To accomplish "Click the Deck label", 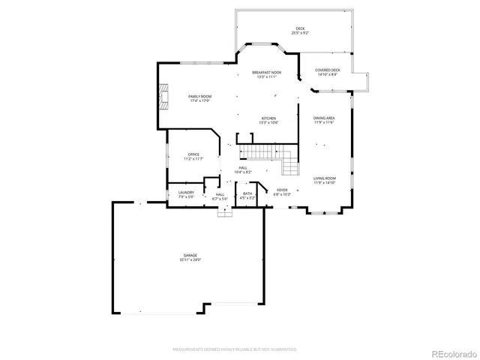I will tap(300, 29).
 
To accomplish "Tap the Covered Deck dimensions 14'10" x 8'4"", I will tap(328, 74).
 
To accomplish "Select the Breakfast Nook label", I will tap(267, 72).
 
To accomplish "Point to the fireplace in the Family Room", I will tap(162, 96).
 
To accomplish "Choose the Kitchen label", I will tap(268, 118).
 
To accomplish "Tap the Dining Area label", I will tap(324, 118).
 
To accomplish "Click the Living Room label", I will tap(324, 178).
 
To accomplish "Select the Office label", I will tap(193, 154).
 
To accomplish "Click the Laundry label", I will tap(186, 192).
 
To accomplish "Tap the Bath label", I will tap(247, 193).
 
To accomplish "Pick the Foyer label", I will tap(282, 190).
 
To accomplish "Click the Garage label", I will tap(190, 255).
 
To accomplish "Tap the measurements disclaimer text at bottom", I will tap(235, 349).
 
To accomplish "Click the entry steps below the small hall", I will tap(224, 211).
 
